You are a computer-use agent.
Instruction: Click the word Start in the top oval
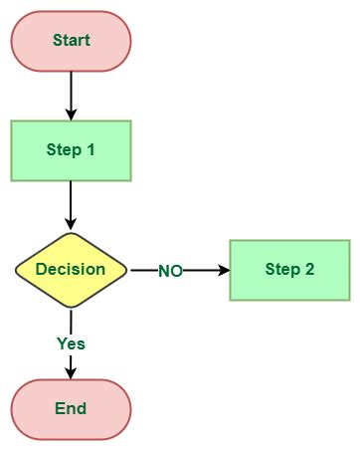coord(71,41)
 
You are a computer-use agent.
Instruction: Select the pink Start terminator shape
coord(30,41)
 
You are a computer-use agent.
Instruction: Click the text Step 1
coord(71,151)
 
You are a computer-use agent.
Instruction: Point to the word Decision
coord(71,270)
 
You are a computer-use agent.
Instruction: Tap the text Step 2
coord(289,270)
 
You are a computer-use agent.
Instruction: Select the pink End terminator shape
coord(30,408)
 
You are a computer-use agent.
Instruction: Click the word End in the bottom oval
coord(71,408)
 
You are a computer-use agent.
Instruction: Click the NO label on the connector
coord(170,271)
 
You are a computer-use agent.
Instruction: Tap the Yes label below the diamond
coord(71,343)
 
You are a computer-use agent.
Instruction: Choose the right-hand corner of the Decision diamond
coord(126,270)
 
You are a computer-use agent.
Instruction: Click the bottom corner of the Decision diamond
coord(71,308)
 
